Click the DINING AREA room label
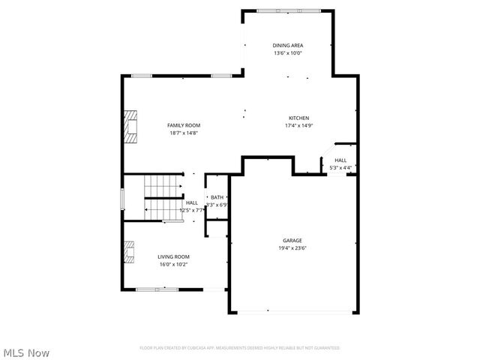click(288, 45)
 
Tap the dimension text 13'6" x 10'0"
click(288, 53)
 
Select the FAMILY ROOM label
click(184, 125)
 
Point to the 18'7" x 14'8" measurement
click(184, 133)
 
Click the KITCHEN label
click(299, 118)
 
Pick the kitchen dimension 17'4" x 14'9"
click(298, 126)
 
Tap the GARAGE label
click(292, 240)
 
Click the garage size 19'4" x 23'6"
click(292, 248)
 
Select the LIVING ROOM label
click(173, 256)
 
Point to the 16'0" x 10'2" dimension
click(173, 265)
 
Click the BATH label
click(216, 197)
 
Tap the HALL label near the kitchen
click(340, 160)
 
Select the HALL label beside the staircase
click(192, 202)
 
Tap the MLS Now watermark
click(27, 352)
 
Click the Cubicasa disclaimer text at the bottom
click(240, 348)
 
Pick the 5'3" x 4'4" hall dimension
click(340, 168)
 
